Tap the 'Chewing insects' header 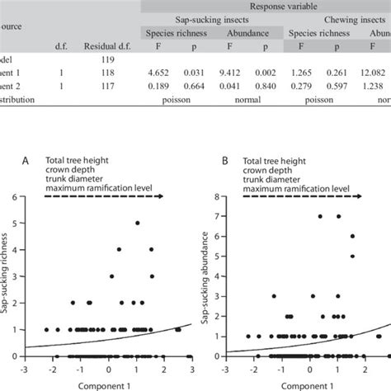[338, 26]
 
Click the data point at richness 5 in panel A [137, 224]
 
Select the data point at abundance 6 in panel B [352, 237]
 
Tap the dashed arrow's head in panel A [162, 196]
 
